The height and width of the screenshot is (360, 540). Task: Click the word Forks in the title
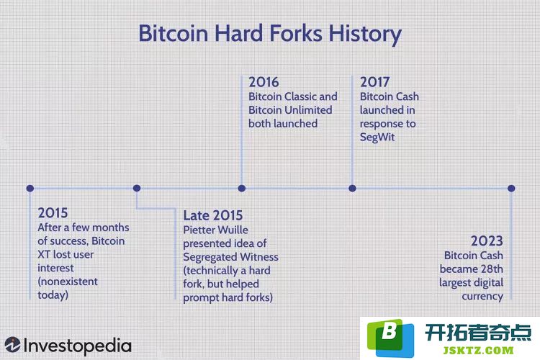296,33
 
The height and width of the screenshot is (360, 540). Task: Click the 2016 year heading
264,82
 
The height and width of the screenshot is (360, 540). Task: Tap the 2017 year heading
374,82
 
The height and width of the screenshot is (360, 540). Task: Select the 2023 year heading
487,240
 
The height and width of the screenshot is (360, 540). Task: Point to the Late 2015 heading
213,215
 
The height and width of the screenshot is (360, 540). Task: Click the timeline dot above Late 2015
137,188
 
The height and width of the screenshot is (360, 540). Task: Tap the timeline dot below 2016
242,188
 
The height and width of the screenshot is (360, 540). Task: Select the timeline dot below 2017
352,188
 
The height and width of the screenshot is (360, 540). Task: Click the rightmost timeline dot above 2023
511,188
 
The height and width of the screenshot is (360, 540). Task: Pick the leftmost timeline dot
30,188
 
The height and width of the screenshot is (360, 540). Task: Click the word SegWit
377,137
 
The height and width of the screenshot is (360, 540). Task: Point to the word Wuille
233,230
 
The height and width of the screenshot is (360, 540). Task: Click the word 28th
491,269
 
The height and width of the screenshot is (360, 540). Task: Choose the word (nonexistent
68,282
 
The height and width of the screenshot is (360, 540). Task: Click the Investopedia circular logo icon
12,345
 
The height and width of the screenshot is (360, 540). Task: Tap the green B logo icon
390,338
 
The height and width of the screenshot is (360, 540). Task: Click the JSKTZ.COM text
478,351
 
